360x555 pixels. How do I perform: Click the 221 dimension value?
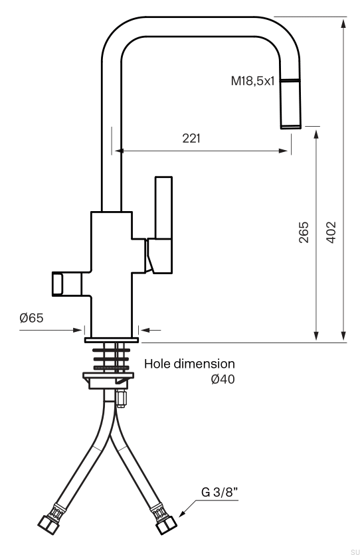coord(191,138)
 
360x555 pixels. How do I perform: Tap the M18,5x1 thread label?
coord(252,81)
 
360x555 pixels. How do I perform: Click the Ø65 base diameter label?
coord(31,318)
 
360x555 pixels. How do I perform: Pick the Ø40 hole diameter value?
coord(223,379)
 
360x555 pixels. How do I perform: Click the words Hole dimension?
coord(189,364)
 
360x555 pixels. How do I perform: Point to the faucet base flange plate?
coord(112,339)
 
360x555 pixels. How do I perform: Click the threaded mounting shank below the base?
coord(112,357)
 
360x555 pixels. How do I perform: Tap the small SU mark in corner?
coord(354,551)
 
